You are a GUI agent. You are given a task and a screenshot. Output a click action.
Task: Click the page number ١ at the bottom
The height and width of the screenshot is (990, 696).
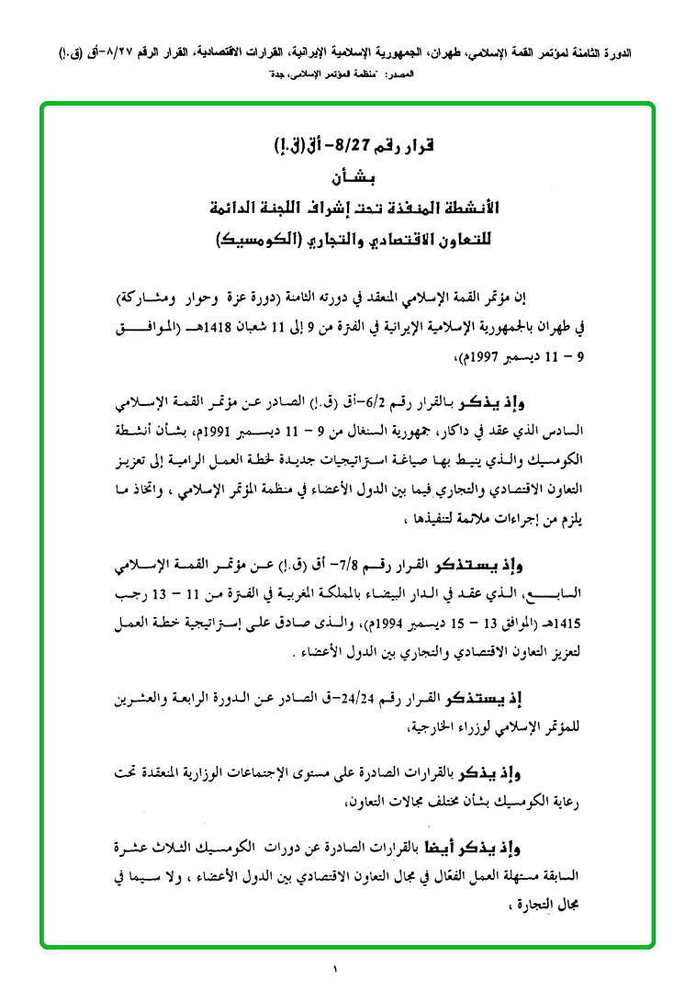point(335,968)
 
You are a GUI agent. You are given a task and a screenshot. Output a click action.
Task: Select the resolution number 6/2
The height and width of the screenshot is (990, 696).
point(374,405)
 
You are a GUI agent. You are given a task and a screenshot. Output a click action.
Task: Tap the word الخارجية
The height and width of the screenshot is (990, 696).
point(363,726)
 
